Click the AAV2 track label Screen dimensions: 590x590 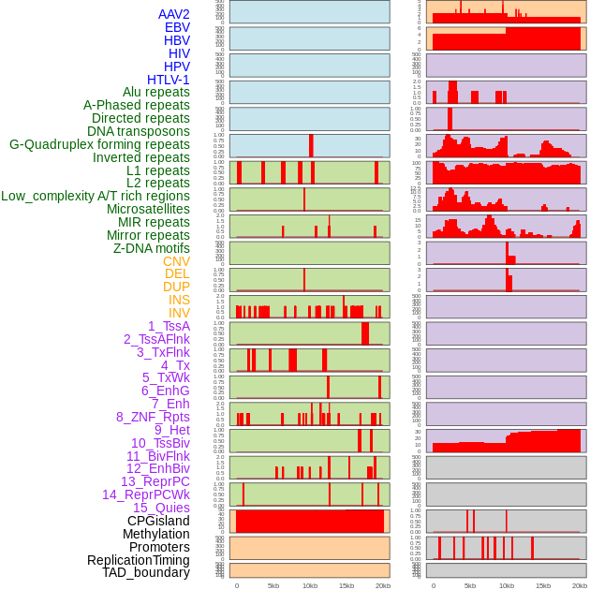(x=174, y=14)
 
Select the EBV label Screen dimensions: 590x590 (x=177, y=27)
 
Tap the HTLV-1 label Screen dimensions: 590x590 (x=169, y=80)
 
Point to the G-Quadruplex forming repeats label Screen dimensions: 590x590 (x=99, y=144)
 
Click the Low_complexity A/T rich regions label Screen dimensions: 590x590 (x=96, y=196)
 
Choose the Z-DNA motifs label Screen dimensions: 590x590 (x=152, y=248)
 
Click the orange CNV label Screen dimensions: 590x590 (x=176, y=261)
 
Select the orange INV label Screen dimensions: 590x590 (x=179, y=313)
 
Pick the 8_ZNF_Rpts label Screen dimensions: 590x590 (x=153, y=417)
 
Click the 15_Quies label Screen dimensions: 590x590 (x=160, y=508)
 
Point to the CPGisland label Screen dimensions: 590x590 (x=158, y=521)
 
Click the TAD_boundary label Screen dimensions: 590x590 (x=146, y=572)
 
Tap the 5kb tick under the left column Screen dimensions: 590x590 (x=273, y=585)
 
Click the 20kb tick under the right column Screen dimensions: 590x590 (x=580, y=585)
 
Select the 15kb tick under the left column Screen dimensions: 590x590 (x=347, y=585)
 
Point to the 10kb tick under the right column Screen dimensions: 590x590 (x=507, y=585)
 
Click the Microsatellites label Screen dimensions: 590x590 (x=148, y=209)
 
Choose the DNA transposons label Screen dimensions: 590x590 (x=139, y=131)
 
